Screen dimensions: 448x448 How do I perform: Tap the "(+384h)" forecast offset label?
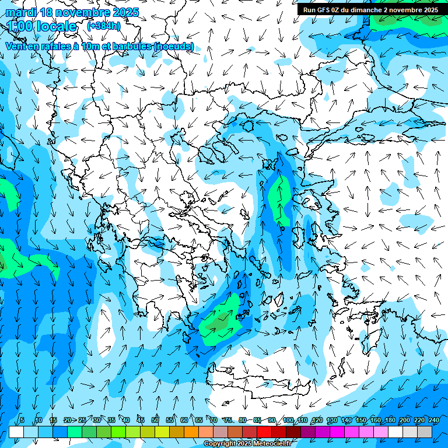pyautogui.click(x=104, y=26)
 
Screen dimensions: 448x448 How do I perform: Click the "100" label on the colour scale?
pyautogui.click(x=288, y=420)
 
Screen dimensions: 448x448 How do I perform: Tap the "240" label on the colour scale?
pyautogui.click(x=433, y=420)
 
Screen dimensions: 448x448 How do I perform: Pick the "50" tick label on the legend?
pyautogui.click(x=155, y=420)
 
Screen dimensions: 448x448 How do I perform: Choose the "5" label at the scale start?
pyautogui.click(x=22, y=420)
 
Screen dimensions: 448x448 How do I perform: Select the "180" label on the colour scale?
pyautogui.click(x=389, y=420)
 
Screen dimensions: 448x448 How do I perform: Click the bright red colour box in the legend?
pyautogui.click(x=264, y=432)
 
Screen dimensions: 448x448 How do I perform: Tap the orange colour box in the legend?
pyautogui.click(x=191, y=432)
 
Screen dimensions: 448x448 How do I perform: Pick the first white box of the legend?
pyautogui.click(x=16, y=432)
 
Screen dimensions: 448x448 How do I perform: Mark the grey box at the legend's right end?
pyautogui.click(x=424, y=432)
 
